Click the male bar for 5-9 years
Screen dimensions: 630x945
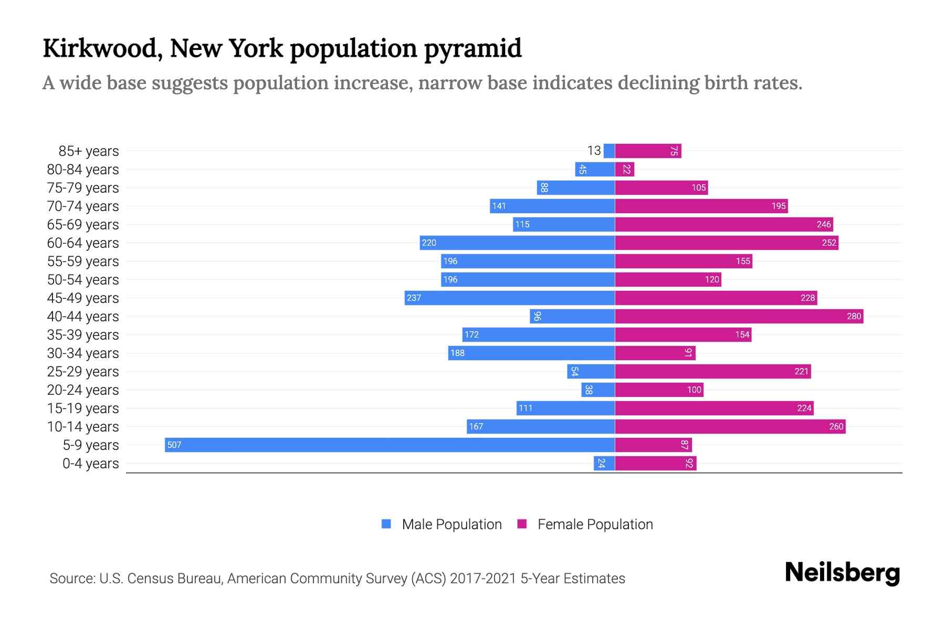(390, 445)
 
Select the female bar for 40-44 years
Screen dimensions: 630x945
(739, 316)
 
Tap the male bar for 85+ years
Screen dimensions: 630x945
(609, 151)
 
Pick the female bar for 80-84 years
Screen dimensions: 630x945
(624, 169)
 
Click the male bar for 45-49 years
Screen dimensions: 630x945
(509, 298)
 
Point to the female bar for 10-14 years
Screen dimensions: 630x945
(730, 426)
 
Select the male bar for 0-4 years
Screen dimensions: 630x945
(604, 463)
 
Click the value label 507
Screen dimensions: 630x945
(174, 445)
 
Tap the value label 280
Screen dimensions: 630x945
(854, 316)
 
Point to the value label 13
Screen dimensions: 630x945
(594, 151)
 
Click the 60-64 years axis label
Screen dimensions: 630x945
(83, 243)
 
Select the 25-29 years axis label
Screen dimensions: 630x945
(83, 372)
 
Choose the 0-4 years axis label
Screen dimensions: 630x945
(90, 464)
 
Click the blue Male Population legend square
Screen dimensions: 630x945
(386, 524)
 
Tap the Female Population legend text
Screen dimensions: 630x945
(595, 524)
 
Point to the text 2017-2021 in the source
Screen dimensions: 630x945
(483, 579)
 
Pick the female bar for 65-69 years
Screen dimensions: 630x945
(724, 224)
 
